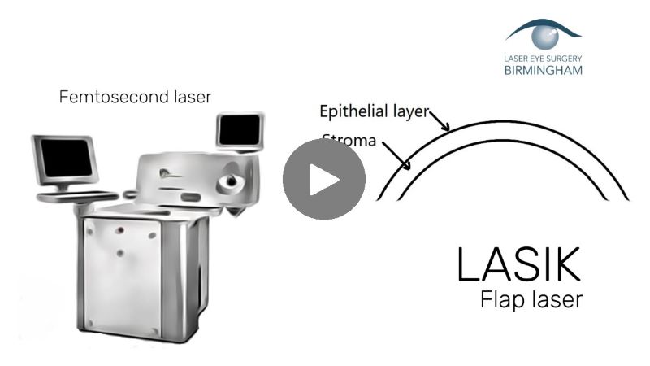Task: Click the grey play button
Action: point(323,179)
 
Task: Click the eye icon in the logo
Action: point(542,35)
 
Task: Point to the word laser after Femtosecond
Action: point(188,97)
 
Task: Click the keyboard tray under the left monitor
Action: point(78,196)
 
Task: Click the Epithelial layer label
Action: point(374,111)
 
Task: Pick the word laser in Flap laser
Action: point(555,300)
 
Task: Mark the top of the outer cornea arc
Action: point(504,123)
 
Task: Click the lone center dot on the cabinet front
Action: point(119,253)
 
